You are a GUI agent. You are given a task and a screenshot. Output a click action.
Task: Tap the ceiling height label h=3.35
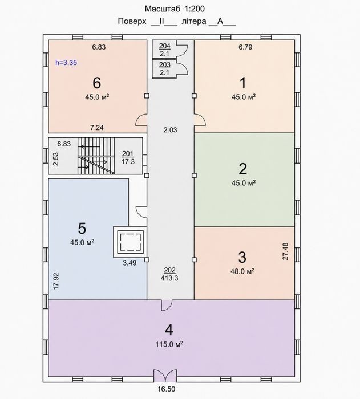click(x=66, y=63)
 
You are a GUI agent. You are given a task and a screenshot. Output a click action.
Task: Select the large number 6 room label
click(x=97, y=83)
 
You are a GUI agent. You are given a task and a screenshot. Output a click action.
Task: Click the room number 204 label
click(x=164, y=46)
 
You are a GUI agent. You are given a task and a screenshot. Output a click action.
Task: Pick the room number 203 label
click(x=164, y=65)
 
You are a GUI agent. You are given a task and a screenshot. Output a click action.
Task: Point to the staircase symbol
click(x=96, y=156)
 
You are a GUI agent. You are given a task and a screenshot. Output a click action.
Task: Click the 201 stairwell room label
click(x=128, y=154)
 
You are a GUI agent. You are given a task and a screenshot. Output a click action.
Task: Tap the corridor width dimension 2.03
click(x=170, y=130)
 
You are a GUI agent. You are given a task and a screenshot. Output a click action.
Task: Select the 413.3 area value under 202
click(x=169, y=278)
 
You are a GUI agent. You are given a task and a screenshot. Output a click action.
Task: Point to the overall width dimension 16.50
click(x=167, y=389)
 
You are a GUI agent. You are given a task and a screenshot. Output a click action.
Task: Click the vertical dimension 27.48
click(x=285, y=251)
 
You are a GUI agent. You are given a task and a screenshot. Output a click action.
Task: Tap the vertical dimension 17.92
click(x=56, y=281)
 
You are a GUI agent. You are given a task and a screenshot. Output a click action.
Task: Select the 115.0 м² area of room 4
click(x=169, y=344)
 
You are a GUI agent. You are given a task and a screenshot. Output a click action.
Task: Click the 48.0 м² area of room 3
click(x=242, y=271)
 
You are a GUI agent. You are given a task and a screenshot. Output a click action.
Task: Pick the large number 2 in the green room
click(x=243, y=169)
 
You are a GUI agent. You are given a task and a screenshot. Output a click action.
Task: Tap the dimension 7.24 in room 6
click(x=97, y=127)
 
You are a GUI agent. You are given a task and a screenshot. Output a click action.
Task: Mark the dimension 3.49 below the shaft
click(x=130, y=263)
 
